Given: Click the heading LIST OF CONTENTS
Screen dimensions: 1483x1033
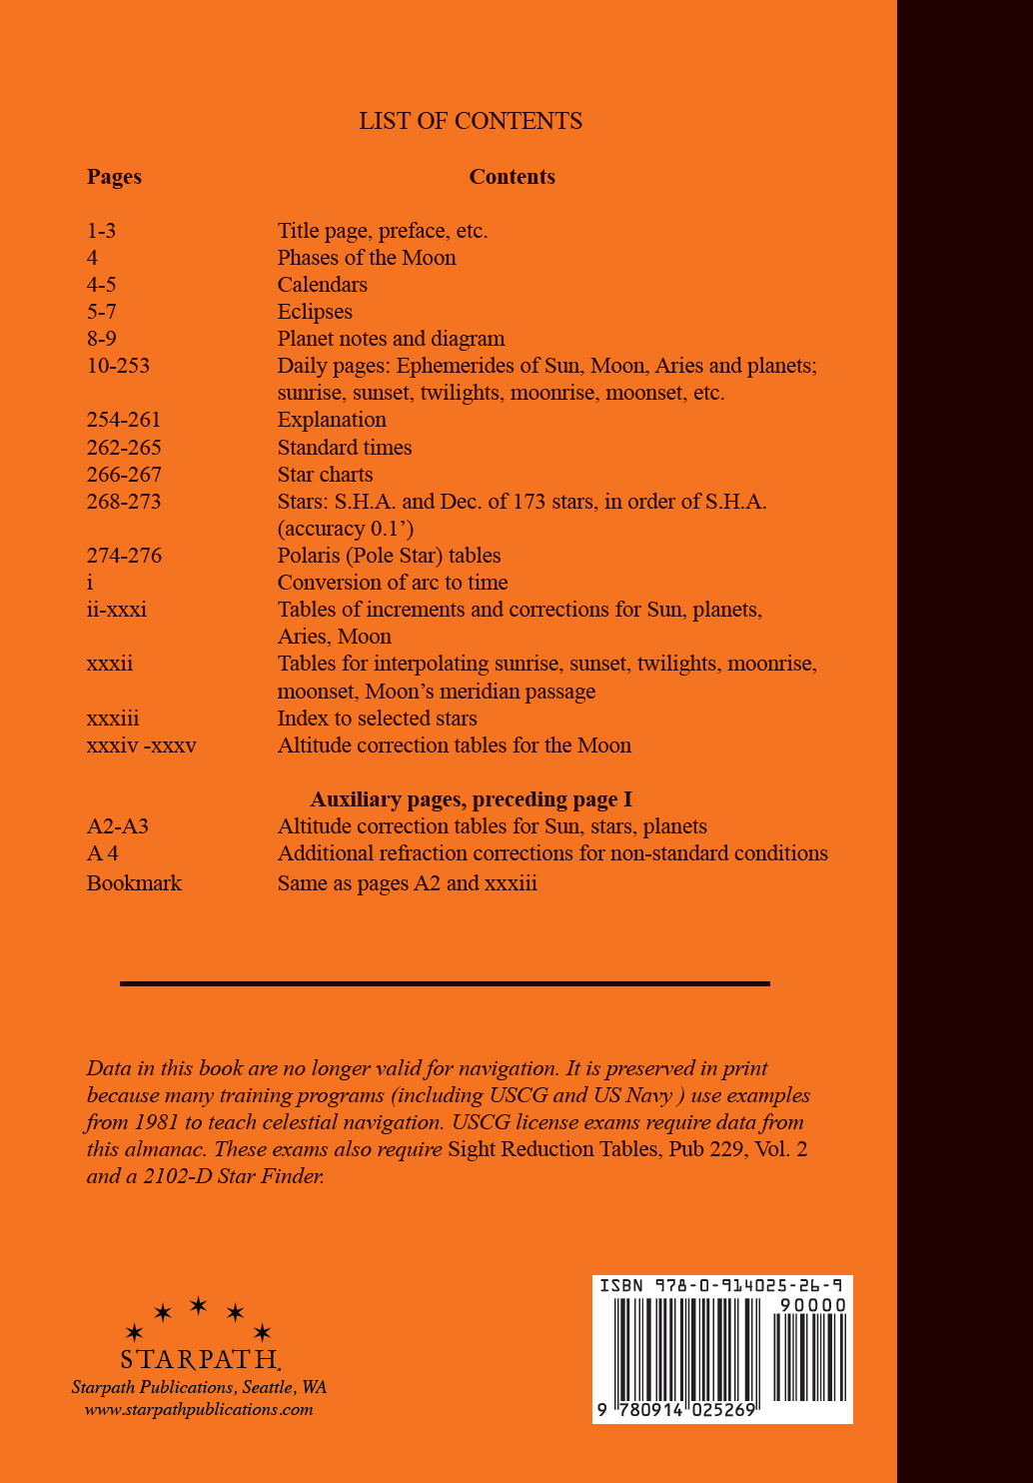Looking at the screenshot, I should click(x=471, y=121).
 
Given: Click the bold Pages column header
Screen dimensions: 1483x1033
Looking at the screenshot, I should click(x=114, y=177).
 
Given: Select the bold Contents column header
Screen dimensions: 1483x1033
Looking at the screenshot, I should click(x=512, y=177).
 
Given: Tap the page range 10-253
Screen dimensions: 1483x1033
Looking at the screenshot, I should click(x=118, y=366).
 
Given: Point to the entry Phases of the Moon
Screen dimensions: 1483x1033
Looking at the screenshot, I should click(x=367, y=258).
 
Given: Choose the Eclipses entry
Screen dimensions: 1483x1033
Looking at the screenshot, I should click(x=315, y=312).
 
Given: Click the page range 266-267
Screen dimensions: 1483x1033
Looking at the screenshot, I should click(x=124, y=475).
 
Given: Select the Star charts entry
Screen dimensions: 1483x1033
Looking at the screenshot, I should click(x=325, y=475).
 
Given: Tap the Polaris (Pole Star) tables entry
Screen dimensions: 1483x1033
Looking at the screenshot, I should click(x=389, y=556).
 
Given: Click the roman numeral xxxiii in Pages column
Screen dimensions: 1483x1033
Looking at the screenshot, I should click(x=113, y=719).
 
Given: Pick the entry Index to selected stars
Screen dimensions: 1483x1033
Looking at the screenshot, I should click(x=377, y=719).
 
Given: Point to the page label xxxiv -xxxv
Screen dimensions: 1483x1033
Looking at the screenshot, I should click(x=141, y=745).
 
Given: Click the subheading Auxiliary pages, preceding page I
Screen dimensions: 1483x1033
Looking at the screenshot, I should click(x=471, y=799).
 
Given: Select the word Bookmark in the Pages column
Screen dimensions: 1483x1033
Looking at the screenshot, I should click(x=134, y=883).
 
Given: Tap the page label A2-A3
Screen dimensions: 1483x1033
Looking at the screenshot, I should click(x=117, y=826).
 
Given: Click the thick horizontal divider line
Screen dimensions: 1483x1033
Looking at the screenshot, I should click(x=445, y=983).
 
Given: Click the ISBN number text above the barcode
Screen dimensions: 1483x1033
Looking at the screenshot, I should click(x=720, y=1285).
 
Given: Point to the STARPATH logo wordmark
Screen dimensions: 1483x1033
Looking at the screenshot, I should click(x=200, y=1359).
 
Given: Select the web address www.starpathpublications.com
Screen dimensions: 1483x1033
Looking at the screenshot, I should click(x=199, y=1410).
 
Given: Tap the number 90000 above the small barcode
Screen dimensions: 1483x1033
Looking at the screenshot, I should click(x=812, y=1305).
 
